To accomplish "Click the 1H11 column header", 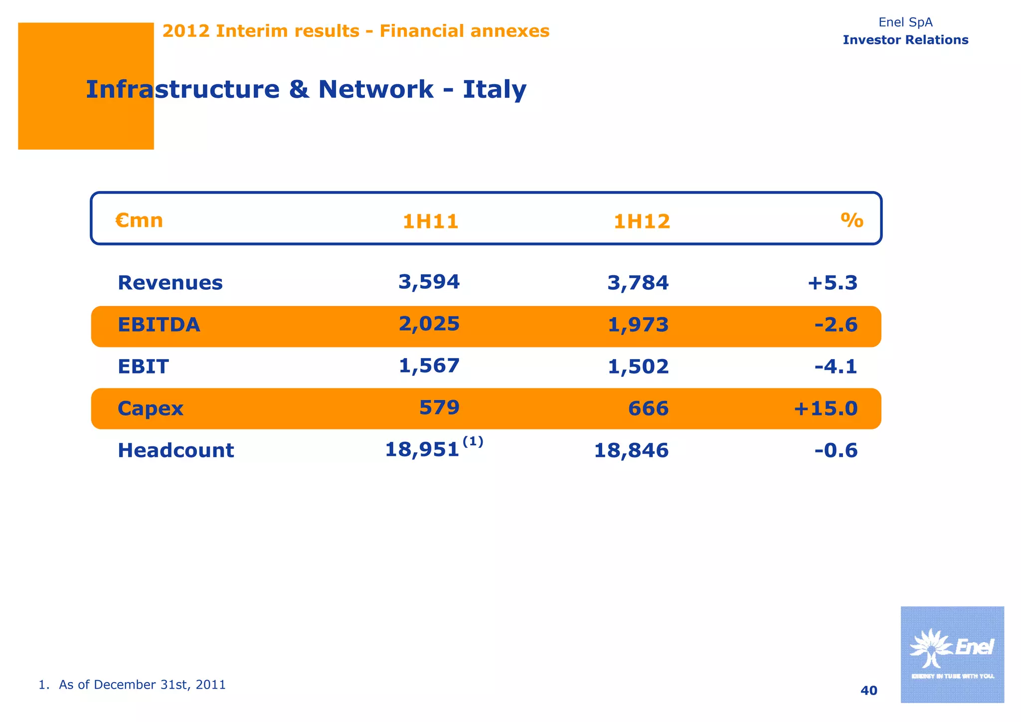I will (x=430, y=221).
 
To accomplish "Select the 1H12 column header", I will (x=642, y=221).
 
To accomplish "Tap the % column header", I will (x=851, y=220).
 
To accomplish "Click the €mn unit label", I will (x=139, y=220).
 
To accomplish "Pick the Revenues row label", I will (x=170, y=283).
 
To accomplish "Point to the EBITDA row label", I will (x=159, y=325).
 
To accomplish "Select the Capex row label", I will (x=150, y=408).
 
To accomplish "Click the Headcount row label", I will (x=175, y=450).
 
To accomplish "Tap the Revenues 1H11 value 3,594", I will (x=429, y=282).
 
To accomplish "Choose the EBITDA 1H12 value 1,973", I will (x=638, y=325).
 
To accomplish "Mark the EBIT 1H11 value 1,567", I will (x=429, y=365).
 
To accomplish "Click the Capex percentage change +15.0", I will (x=826, y=408).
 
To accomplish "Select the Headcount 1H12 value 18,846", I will (x=631, y=450).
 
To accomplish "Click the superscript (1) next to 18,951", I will (x=473, y=441).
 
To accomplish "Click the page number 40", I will (x=869, y=691).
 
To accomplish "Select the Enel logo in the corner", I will (x=952, y=654).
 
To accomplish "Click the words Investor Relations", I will (x=905, y=40).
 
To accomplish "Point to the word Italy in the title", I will (x=495, y=90).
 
